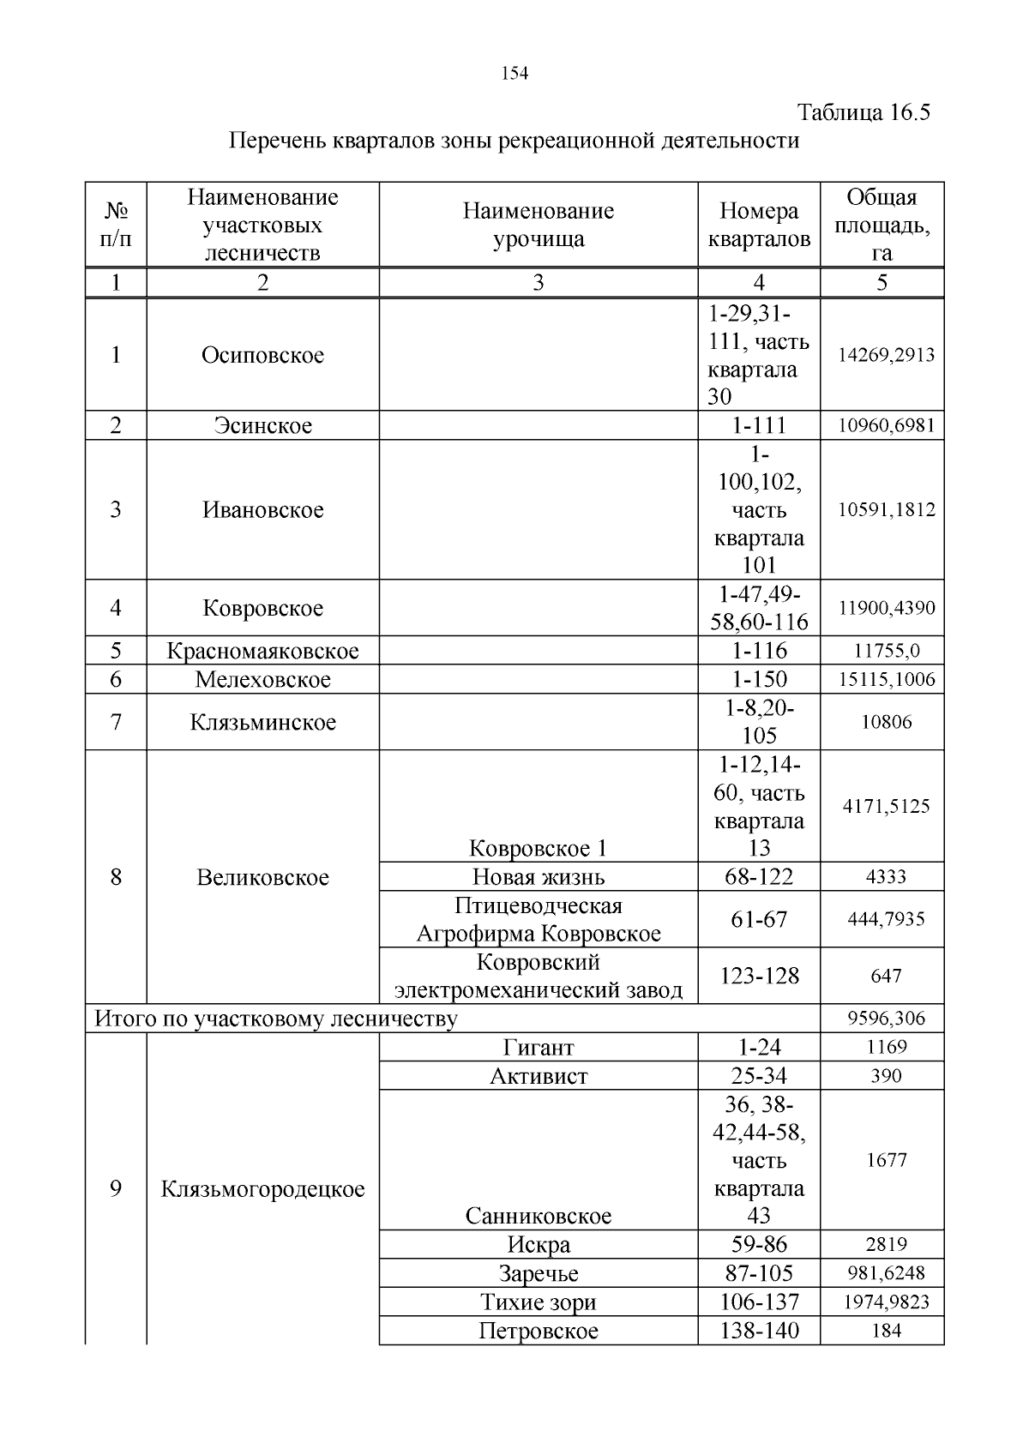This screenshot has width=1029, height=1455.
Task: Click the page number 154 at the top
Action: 514,74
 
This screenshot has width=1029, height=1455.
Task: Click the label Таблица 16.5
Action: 864,112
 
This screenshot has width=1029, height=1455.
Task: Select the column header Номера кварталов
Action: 758,225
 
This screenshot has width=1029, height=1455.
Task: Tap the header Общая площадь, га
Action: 882,225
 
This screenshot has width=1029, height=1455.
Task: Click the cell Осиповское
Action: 262,355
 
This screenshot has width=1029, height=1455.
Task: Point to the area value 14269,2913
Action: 886,355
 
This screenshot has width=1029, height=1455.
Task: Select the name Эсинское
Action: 262,425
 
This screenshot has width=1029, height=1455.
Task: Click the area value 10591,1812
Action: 886,510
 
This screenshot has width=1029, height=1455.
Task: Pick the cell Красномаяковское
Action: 262,651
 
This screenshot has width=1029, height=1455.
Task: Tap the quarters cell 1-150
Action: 759,679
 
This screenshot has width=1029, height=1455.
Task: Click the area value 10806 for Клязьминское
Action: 886,722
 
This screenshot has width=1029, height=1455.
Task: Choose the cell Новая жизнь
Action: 539,877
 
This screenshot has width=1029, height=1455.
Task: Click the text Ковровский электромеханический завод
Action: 539,977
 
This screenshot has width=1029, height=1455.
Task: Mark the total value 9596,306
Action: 886,1019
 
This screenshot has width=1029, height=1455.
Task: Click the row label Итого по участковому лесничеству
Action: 275,1019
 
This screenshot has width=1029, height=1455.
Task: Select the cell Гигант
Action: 539,1047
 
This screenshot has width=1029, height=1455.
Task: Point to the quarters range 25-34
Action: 759,1076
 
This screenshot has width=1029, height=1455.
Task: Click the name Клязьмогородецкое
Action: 262,1189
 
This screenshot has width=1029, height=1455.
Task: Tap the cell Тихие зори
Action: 539,1302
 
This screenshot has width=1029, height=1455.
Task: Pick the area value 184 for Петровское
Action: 886,1331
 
